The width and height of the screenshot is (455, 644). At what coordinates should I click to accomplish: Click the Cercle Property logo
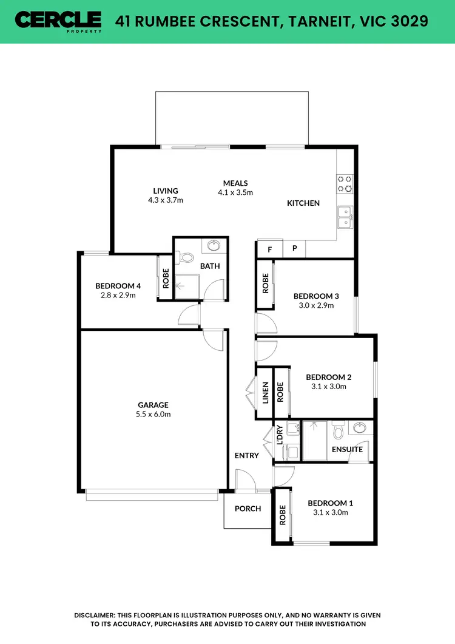tap(58, 21)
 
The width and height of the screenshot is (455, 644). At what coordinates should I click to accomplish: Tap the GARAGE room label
tap(153, 405)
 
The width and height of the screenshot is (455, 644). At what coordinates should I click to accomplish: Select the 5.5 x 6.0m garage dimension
tap(153, 415)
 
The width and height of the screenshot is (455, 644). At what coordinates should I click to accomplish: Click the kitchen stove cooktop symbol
tap(345, 183)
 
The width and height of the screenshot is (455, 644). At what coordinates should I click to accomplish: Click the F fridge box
tap(269, 248)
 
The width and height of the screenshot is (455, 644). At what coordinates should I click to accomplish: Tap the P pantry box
tap(295, 248)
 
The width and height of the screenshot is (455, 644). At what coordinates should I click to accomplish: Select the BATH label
tap(211, 266)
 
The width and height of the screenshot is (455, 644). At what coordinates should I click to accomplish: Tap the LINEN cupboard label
tap(265, 393)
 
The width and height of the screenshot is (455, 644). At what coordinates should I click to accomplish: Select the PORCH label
tap(248, 509)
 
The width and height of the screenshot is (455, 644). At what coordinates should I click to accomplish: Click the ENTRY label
tap(247, 455)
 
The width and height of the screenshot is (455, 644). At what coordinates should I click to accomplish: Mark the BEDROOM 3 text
tap(316, 296)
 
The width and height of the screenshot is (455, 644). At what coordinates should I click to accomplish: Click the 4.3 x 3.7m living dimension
tap(166, 200)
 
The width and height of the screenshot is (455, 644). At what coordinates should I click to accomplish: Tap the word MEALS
tap(235, 183)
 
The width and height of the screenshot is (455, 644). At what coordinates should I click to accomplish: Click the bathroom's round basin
tap(214, 246)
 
